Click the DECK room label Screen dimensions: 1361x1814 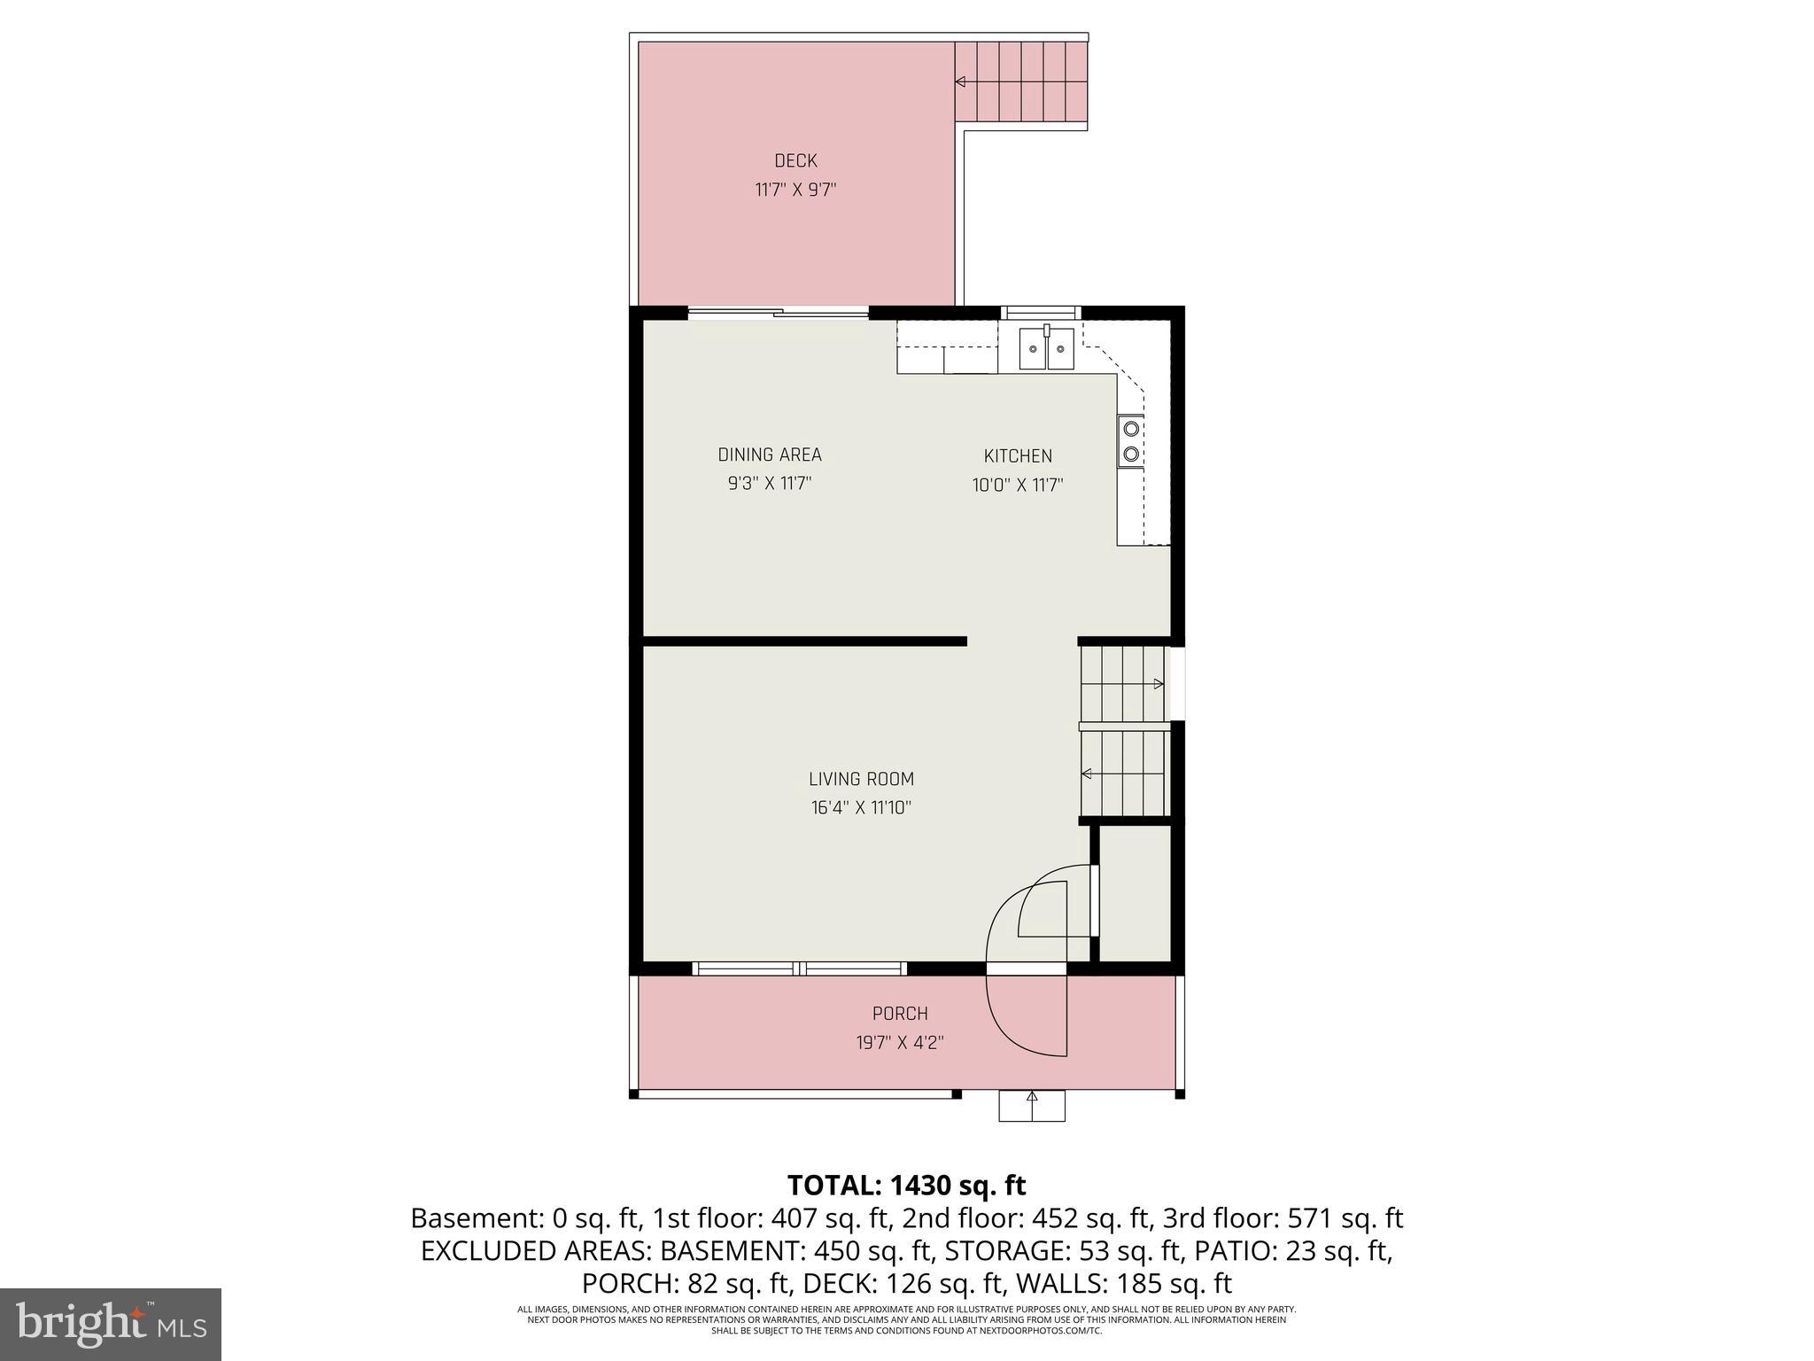point(795,160)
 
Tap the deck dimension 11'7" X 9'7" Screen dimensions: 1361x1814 point(795,190)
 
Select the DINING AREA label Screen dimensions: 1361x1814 point(769,455)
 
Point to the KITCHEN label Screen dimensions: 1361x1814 point(1017,455)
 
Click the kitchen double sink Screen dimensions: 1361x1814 point(1046,348)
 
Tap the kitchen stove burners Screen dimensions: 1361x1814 point(1130,441)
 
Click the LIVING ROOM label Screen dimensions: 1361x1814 point(860,779)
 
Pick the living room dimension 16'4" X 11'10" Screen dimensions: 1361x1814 point(860,808)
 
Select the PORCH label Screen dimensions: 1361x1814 point(899,1014)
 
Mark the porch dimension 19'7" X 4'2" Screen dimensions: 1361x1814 point(899,1043)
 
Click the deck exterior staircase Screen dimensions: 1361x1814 point(1020,82)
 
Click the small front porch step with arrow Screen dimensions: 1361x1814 point(1031,1106)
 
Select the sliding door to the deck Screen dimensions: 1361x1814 point(779,312)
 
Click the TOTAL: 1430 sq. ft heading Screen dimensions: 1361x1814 point(906,1185)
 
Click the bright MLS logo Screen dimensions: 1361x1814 point(110,1324)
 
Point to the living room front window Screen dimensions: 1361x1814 point(800,968)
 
